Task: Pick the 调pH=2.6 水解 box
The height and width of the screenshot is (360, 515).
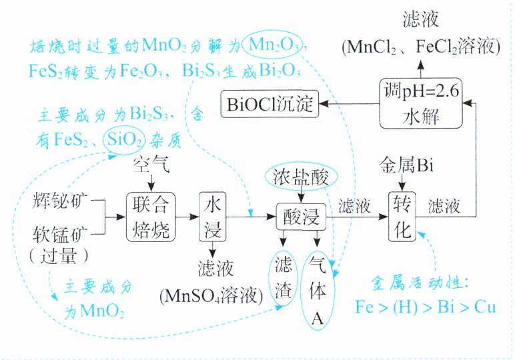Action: [420, 103]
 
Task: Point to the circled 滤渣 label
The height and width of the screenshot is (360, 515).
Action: [280, 277]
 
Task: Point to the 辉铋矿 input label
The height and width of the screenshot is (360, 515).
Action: [59, 200]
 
